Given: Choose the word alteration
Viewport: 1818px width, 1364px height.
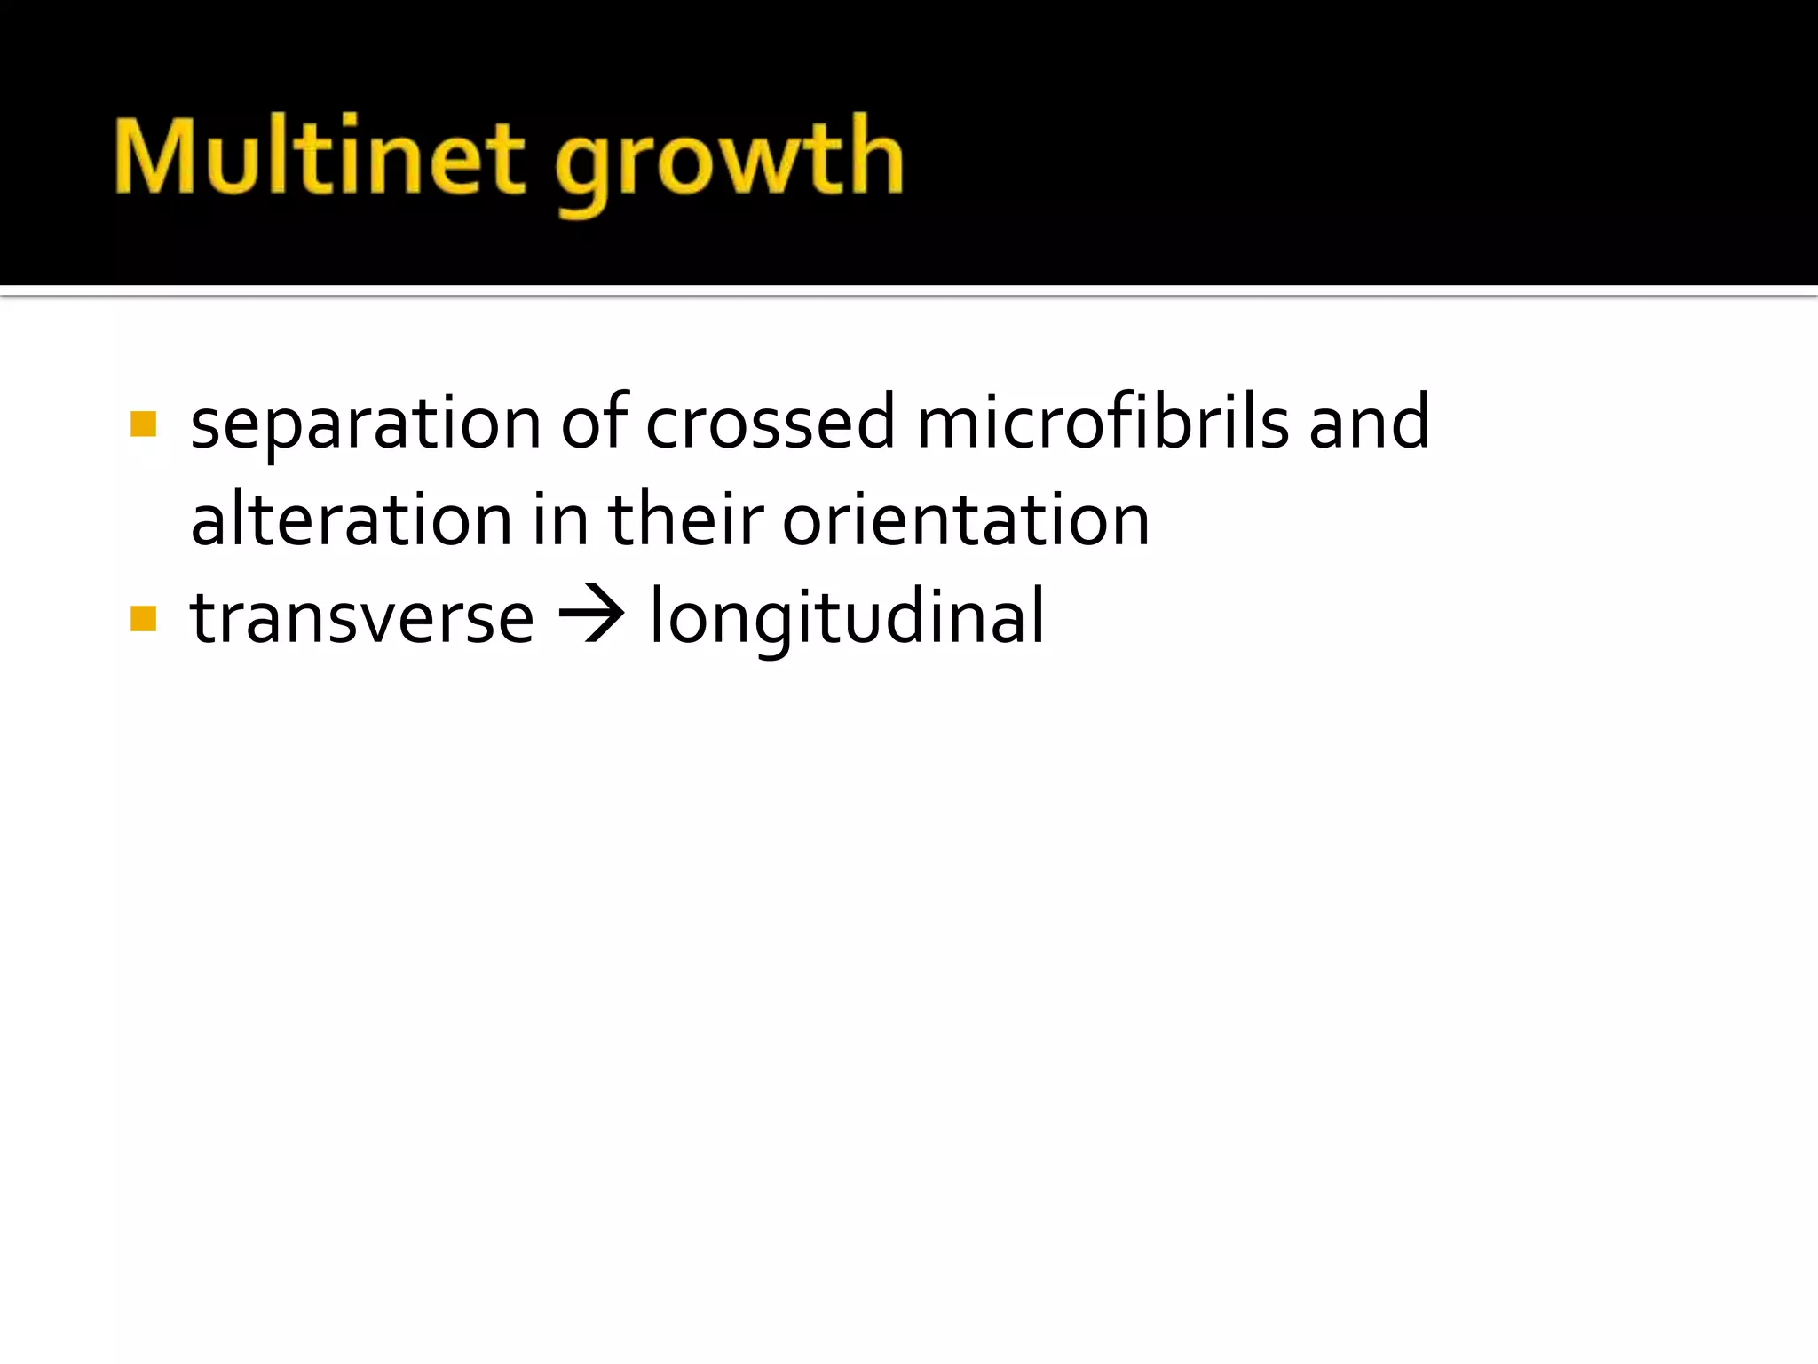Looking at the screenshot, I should click(x=352, y=519).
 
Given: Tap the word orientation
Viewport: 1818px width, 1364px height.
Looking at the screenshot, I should click(x=966, y=519).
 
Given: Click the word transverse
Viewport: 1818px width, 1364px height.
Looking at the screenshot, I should click(x=362, y=618).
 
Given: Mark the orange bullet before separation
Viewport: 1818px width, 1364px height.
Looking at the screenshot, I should click(x=143, y=424).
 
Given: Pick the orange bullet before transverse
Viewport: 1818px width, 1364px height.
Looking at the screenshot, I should click(x=143, y=618).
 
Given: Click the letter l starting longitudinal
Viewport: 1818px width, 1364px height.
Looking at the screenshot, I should click(x=656, y=615).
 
